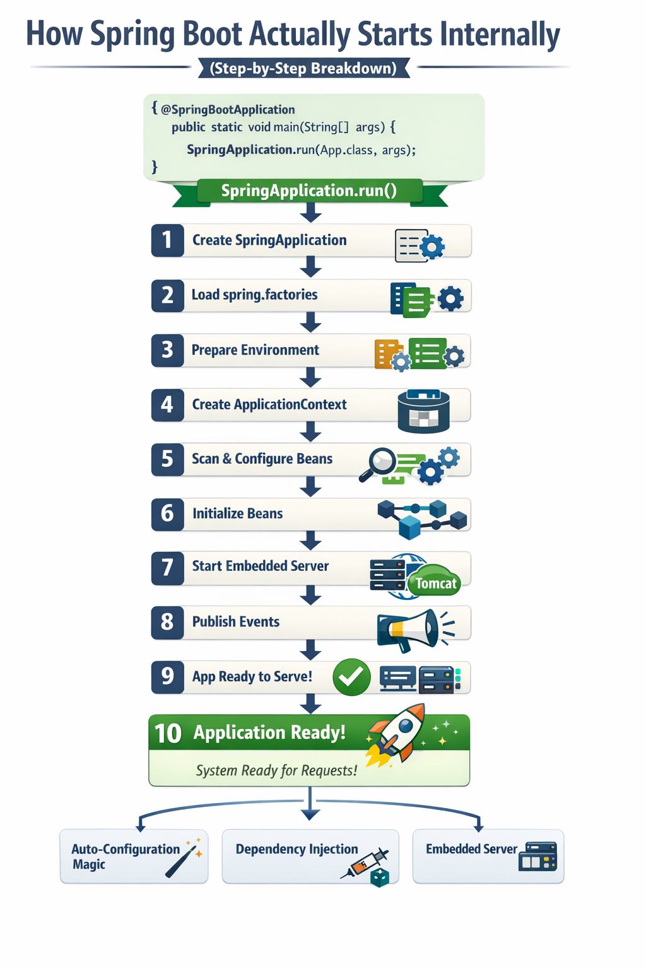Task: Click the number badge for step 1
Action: [167, 240]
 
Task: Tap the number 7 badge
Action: [167, 568]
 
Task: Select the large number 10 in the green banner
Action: [168, 734]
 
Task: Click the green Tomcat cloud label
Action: [435, 580]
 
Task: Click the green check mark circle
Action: [351, 677]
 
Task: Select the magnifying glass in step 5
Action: [378, 464]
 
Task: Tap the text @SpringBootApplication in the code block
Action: [228, 110]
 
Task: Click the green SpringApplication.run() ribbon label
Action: [309, 191]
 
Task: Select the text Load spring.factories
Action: [254, 295]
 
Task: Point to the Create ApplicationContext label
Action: [269, 405]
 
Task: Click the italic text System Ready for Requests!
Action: [277, 770]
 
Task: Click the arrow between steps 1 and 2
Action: [310, 266]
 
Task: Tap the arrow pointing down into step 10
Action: [310, 704]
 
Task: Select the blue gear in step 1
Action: [432, 247]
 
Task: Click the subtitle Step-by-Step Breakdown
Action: [303, 68]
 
